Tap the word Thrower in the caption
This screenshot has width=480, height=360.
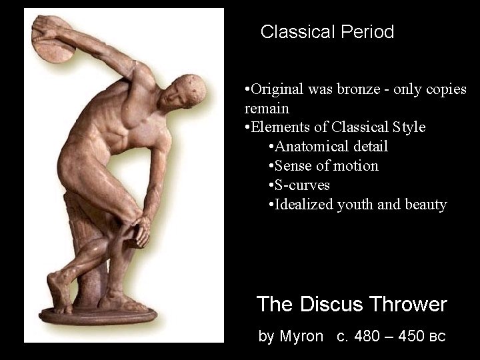pyautogui.click(x=407, y=305)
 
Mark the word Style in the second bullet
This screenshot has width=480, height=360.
pyautogui.click(x=409, y=127)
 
